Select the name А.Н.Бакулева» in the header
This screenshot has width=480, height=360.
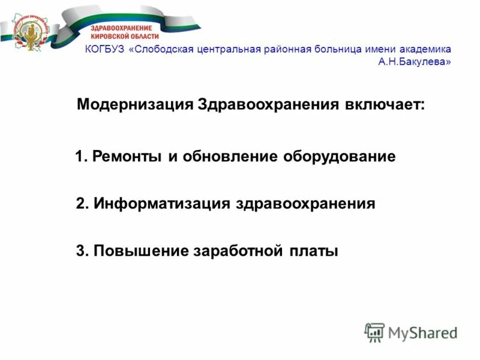point(415,61)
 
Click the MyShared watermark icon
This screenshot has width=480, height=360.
point(374,332)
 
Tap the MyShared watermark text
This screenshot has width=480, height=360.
point(422,332)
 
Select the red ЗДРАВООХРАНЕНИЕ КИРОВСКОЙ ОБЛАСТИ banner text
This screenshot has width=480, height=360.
point(121,32)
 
